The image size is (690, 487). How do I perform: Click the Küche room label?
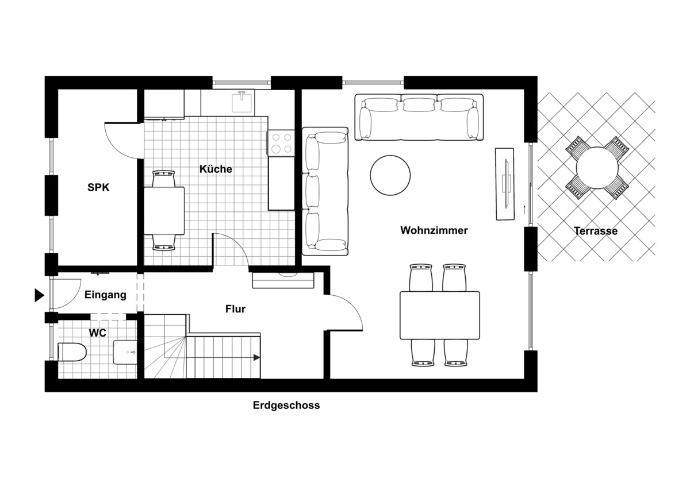(x=216, y=169)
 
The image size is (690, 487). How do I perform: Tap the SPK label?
(x=98, y=187)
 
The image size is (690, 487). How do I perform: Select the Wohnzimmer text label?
(x=434, y=230)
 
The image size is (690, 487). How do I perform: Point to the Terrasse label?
(x=595, y=231)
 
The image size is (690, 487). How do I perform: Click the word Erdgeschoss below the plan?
(x=286, y=405)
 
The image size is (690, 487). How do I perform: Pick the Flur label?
(x=235, y=309)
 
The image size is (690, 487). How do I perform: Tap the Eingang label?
(x=105, y=295)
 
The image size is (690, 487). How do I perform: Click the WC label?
(x=98, y=333)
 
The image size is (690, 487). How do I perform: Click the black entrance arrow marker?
(x=39, y=295)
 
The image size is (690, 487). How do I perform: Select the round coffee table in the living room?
(x=390, y=175)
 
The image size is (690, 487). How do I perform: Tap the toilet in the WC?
(x=72, y=351)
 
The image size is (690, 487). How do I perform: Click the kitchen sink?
(x=242, y=103)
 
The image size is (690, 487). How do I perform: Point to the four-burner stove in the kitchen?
(x=281, y=143)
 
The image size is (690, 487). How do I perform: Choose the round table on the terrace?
(x=596, y=168)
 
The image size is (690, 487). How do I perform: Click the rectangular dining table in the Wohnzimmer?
(x=440, y=315)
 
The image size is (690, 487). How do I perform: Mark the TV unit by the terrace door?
(x=504, y=184)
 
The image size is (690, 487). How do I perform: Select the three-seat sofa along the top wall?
(x=419, y=118)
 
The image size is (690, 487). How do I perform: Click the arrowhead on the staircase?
(x=256, y=357)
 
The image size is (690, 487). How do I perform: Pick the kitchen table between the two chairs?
(x=164, y=210)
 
